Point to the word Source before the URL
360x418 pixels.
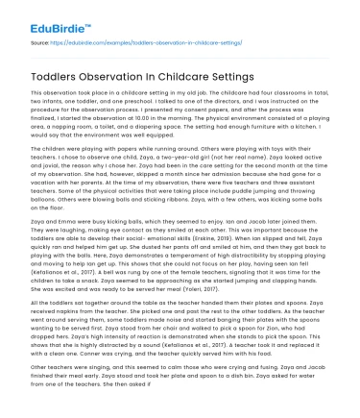tap(41, 43)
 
